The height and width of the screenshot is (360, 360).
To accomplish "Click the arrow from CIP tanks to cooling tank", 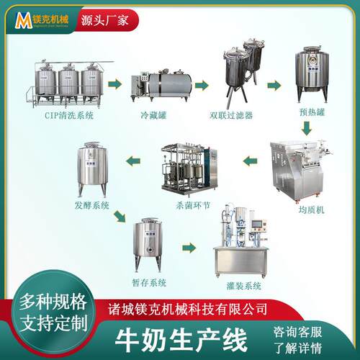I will point(117,85).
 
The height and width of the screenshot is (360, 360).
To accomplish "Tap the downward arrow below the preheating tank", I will point(306,128).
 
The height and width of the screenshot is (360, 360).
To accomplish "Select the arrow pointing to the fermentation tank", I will point(135,160).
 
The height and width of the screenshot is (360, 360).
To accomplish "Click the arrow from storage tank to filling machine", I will point(189,247).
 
